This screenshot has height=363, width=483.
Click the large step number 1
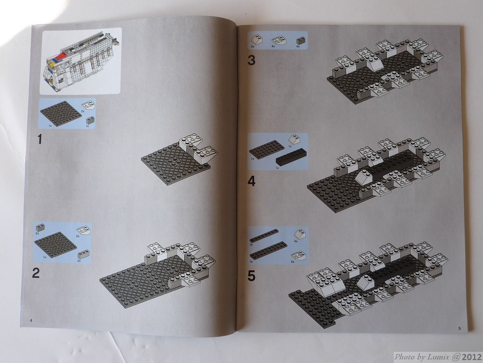(40, 139)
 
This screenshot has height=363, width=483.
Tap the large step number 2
(36, 273)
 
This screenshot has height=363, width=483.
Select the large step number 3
(251, 60)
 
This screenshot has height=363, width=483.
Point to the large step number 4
(251, 182)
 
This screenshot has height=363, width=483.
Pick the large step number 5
(251, 276)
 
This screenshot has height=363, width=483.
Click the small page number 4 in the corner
(31, 320)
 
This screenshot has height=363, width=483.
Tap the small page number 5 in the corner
(459, 329)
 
